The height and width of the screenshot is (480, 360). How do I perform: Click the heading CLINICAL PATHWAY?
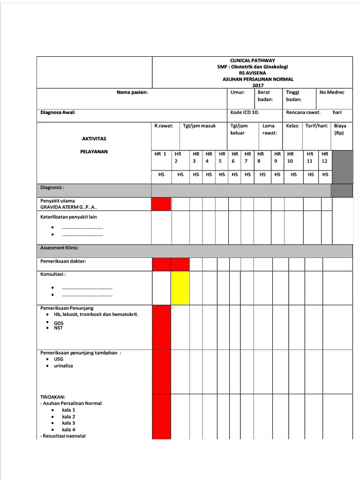[x=252, y=60]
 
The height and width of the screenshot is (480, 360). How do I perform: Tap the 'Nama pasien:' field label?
[x=132, y=92]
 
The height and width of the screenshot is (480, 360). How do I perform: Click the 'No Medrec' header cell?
[x=332, y=92]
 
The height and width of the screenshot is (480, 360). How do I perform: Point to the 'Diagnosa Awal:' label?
[x=58, y=112]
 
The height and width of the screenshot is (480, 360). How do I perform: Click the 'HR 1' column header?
[x=160, y=154]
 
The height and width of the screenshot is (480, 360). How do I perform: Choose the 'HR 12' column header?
[x=325, y=157]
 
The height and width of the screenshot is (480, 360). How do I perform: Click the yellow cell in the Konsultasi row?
[x=180, y=288]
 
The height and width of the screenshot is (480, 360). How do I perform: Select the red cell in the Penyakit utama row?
[x=161, y=204]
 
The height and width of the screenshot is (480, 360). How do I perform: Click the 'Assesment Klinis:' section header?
[x=60, y=247]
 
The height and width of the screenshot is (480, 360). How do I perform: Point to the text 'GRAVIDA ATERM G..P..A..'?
[x=69, y=207]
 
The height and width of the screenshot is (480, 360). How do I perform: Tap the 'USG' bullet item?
[x=59, y=359]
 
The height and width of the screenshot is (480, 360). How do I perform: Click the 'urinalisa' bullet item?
[x=63, y=366]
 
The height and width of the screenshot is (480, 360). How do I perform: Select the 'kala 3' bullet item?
[x=68, y=423]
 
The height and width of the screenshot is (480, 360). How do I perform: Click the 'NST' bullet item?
[x=58, y=328]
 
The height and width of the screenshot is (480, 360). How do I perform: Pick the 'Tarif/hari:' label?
[x=316, y=126]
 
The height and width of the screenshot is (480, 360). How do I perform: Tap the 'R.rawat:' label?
[x=164, y=126]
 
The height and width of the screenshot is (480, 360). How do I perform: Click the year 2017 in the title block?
[x=258, y=85]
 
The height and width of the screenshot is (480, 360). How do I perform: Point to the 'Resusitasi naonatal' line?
[x=64, y=436]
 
